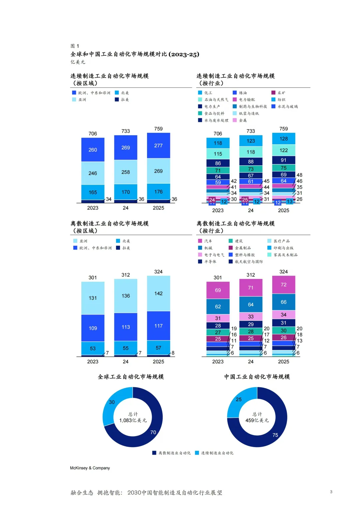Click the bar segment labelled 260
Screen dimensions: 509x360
click(x=93, y=150)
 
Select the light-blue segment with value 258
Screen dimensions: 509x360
click(x=125, y=172)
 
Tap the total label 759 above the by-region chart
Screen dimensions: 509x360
click(x=158, y=129)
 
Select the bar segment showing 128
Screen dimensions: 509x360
click(x=283, y=139)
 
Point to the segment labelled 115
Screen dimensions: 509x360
click(x=218, y=154)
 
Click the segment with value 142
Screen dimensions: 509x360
click(x=158, y=293)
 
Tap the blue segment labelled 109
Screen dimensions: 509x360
click(x=93, y=328)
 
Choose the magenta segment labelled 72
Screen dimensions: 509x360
click(x=283, y=285)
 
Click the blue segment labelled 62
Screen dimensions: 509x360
click(x=218, y=306)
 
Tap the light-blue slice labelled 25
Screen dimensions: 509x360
click(x=238, y=399)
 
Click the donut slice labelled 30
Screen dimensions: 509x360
click(x=112, y=402)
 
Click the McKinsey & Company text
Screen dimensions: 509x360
click(x=90, y=468)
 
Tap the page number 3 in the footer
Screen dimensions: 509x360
click(x=331, y=492)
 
